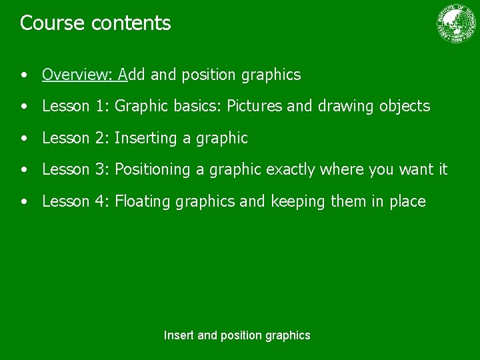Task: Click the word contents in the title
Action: (131, 23)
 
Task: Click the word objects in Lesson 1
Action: (405, 106)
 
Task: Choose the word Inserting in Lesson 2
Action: (146, 138)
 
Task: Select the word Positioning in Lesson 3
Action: (153, 170)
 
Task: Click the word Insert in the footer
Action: (179, 335)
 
